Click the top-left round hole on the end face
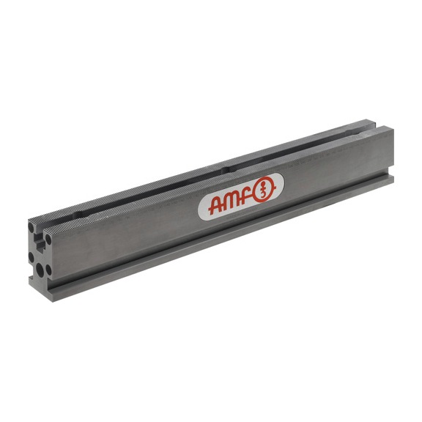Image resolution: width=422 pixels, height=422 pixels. (x=33, y=228)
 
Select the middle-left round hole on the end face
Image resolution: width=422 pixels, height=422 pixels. (x=32, y=256)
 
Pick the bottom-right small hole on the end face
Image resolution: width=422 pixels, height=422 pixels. (x=48, y=268)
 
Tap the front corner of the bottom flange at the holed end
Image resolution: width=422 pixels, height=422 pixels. (x=53, y=293)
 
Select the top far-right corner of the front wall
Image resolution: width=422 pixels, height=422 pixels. (x=393, y=128)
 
